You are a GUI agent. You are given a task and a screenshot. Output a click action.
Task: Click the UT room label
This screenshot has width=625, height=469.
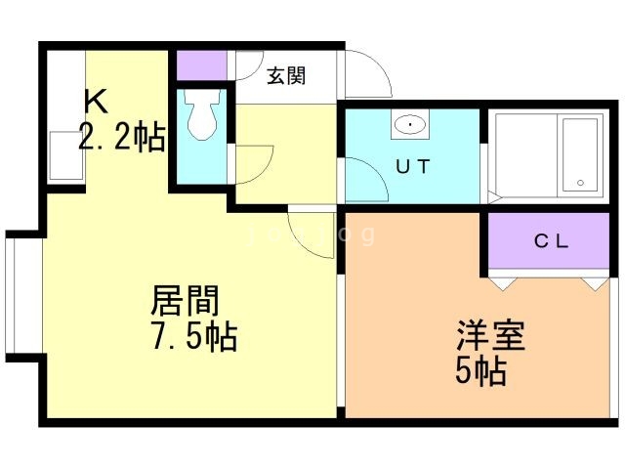[x=412, y=166]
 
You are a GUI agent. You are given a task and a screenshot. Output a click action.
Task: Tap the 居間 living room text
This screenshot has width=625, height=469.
[x=184, y=299]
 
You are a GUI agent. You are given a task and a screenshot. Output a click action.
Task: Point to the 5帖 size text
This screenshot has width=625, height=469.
[x=480, y=371]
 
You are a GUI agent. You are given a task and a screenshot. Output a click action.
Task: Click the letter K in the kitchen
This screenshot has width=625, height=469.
[x=95, y=101]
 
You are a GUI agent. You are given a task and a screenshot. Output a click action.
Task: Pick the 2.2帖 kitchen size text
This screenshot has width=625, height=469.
[x=121, y=138]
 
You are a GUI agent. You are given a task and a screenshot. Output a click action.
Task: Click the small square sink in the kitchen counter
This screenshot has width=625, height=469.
[x=65, y=155]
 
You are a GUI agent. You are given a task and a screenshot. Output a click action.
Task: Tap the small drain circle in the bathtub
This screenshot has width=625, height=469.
[x=580, y=183]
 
